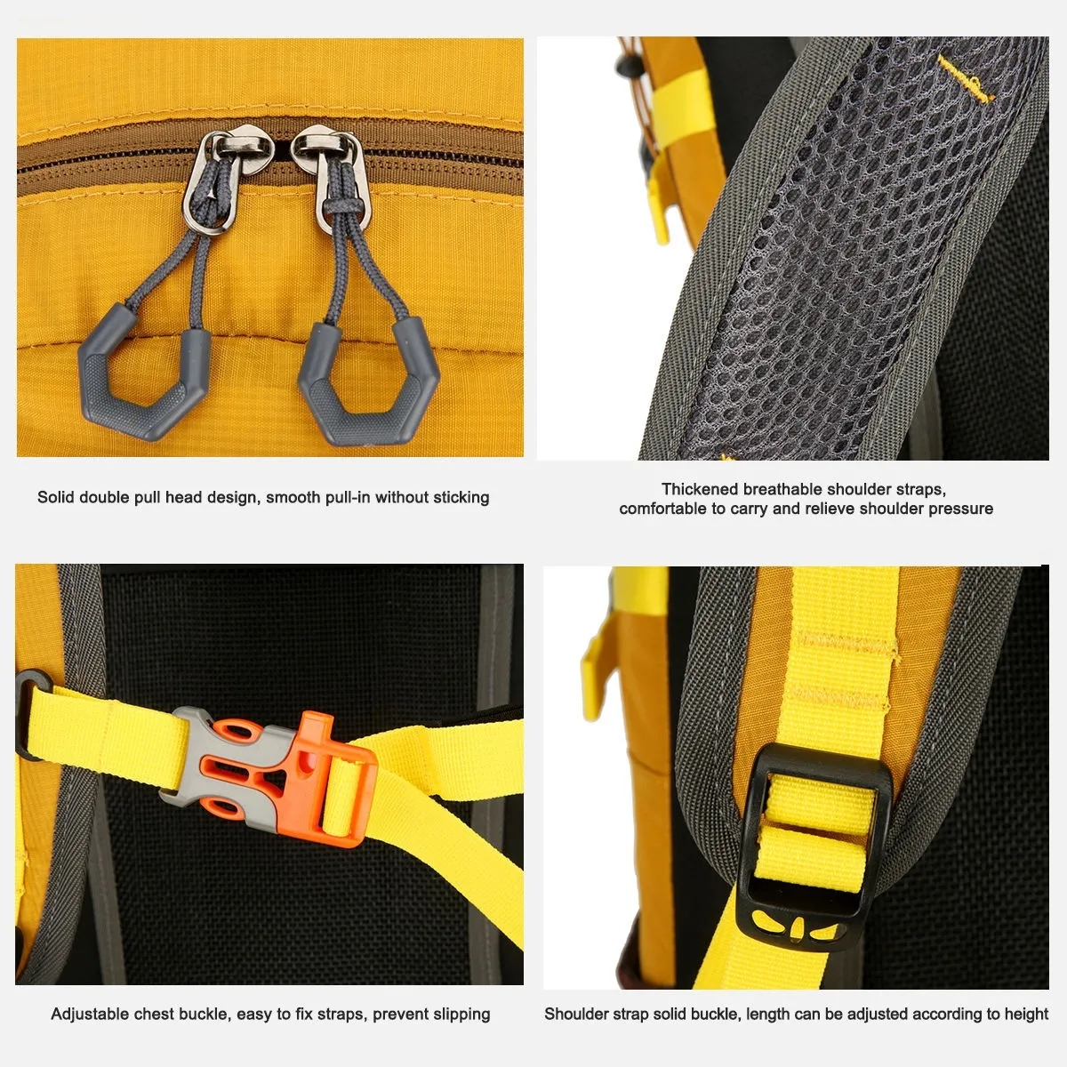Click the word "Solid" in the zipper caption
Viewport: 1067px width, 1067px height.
click(56, 498)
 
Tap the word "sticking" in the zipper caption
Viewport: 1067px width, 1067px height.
click(461, 498)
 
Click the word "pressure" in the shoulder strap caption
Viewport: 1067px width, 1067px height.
click(960, 509)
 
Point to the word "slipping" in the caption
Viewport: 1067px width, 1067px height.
click(461, 1015)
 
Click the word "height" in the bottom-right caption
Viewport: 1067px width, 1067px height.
click(1027, 1015)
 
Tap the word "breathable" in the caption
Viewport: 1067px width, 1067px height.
click(782, 489)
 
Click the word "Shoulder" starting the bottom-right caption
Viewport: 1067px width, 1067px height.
click(578, 1015)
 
